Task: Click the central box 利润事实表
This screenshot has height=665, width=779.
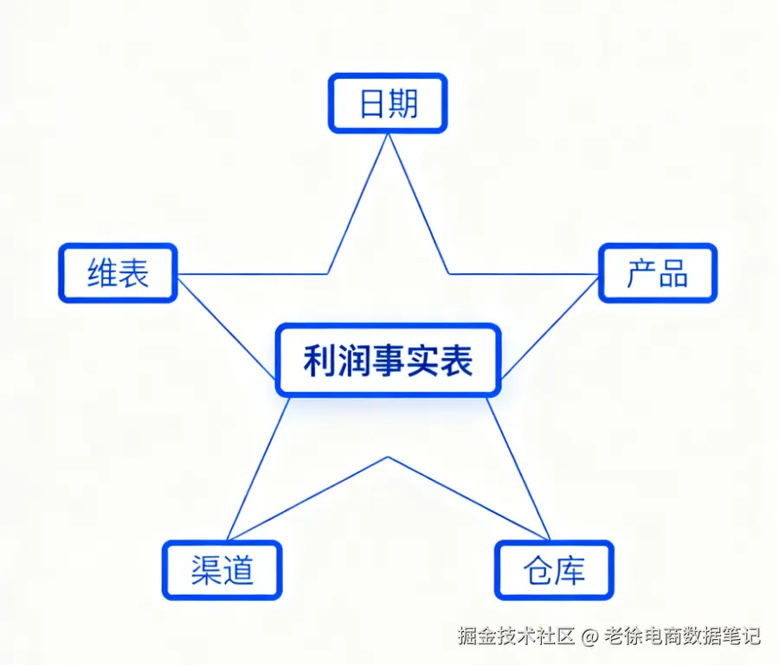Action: tap(388, 361)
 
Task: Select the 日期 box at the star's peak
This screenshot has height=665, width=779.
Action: tap(388, 103)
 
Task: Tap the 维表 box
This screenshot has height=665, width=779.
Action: tap(118, 273)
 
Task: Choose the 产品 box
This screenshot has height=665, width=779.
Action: tap(658, 273)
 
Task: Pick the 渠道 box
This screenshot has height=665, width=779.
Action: tap(222, 571)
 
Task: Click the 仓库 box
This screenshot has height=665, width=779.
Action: tap(554, 571)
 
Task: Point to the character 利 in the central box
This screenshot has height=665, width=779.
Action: tap(319, 361)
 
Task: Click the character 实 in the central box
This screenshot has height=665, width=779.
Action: tap(422, 361)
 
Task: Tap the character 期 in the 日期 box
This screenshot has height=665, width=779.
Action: tap(403, 103)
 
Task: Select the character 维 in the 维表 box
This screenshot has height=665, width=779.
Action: tap(102, 273)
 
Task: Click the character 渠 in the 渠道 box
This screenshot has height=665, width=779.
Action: tap(206, 571)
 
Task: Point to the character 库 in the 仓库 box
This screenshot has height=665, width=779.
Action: tap(570, 571)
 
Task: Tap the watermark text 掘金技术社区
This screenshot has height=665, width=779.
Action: tap(517, 637)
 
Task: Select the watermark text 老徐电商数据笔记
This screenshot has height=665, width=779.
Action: tap(683, 637)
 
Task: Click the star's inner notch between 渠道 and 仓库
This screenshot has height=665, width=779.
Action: tap(388, 457)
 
